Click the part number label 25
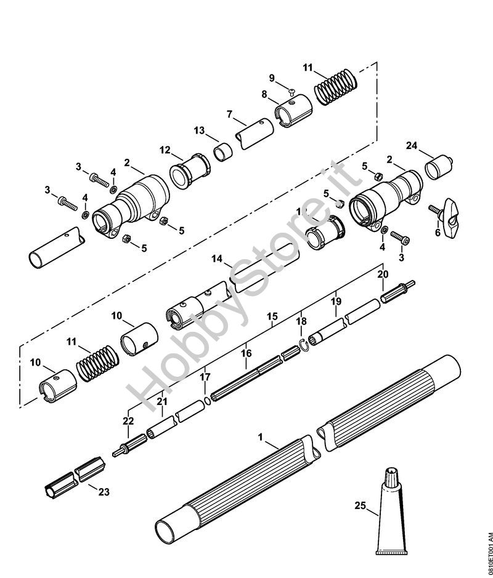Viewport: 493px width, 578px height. (360, 505)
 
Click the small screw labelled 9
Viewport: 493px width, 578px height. (292, 90)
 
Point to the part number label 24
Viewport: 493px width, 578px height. (412, 146)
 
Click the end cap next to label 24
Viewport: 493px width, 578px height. (439, 167)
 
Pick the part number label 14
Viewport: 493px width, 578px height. (217, 259)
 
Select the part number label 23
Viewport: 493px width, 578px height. (104, 492)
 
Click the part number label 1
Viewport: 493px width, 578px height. (261, 437)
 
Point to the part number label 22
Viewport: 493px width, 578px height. (128, 420)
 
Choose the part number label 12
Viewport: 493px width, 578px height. (165, 150)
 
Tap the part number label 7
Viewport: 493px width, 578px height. (229, 114)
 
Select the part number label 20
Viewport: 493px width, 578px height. (383, 274)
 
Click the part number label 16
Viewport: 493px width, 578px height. (246, 353)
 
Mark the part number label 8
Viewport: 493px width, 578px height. (264, 94)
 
